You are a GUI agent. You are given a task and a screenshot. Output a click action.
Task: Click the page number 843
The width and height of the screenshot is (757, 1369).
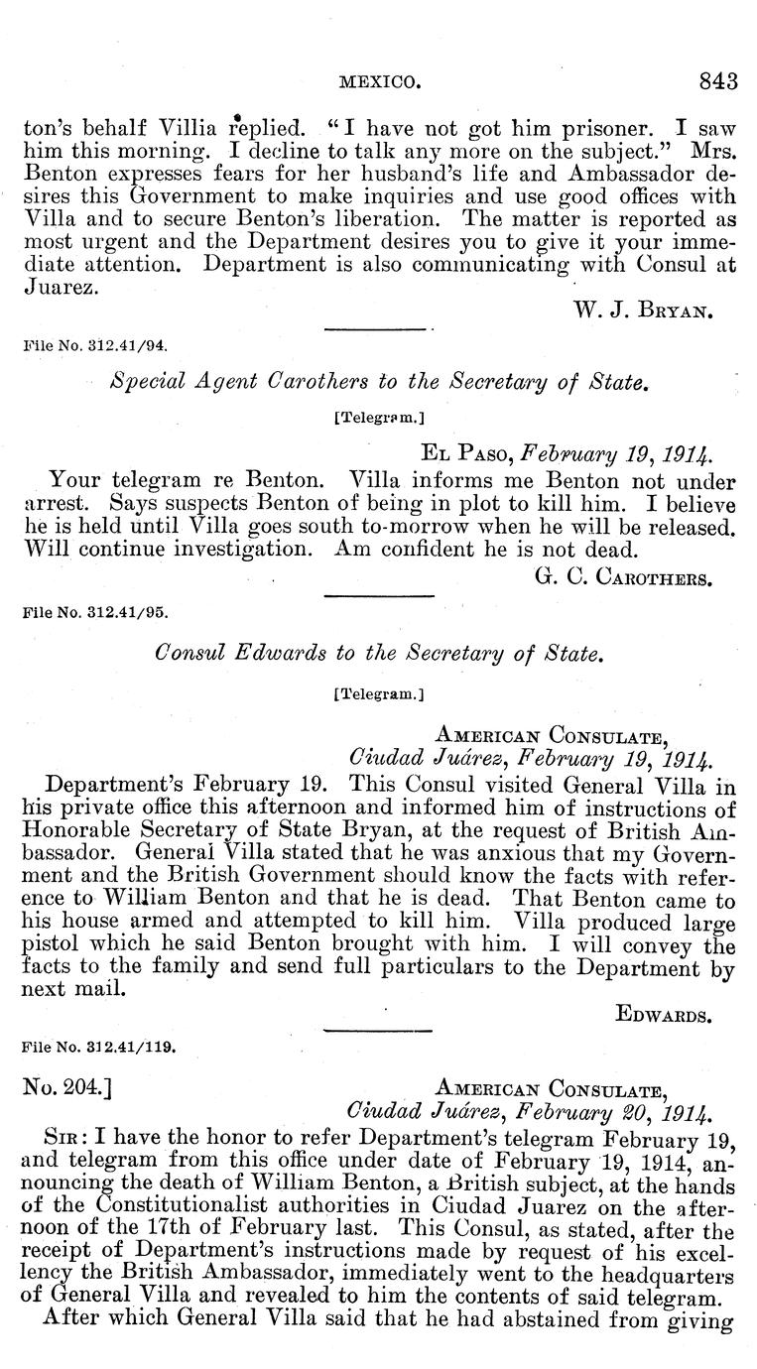[717, 81]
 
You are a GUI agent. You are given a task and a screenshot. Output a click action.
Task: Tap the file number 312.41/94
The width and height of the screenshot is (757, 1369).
[95, 348]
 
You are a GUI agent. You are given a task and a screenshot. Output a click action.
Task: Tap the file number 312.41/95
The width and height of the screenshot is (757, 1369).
[95, 614]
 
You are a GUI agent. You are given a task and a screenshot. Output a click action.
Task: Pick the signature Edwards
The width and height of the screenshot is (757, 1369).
[674, 1014]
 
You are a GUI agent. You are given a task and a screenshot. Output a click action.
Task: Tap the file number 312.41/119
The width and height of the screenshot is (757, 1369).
[99, 1046]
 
